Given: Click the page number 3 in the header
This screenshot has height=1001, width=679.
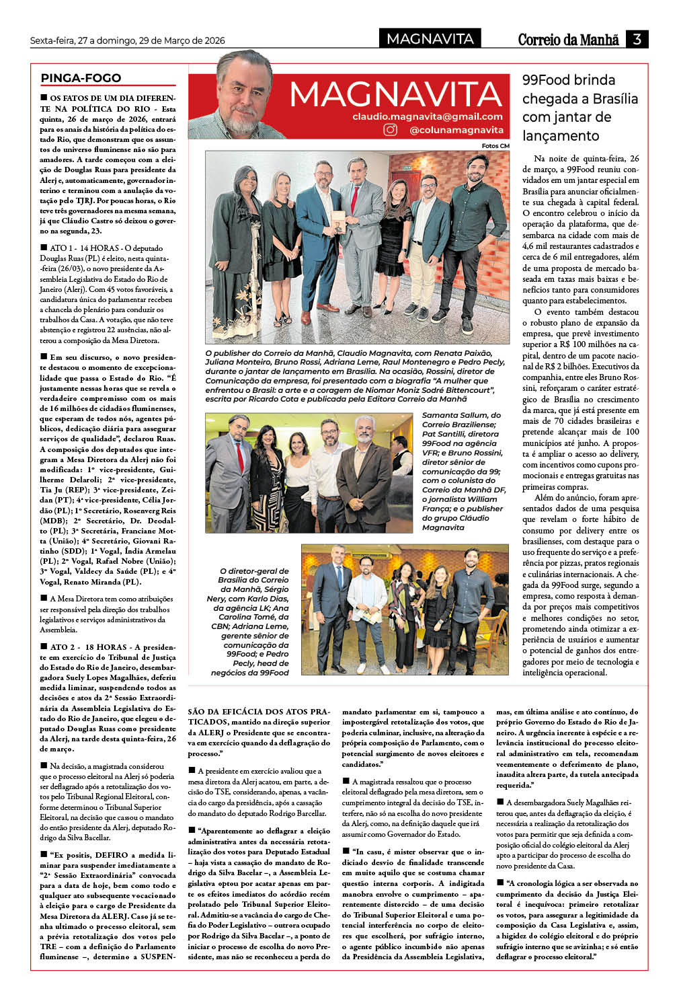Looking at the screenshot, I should coord(636,39).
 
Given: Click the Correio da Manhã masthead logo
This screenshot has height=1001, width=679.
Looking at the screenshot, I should coord(568,40).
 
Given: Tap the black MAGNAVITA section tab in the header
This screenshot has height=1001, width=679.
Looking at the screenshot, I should coord(430,39).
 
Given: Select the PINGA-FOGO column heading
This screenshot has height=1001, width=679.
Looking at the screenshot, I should coord(81,78).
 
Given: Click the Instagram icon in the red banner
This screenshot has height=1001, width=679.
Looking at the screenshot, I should coord(391,130).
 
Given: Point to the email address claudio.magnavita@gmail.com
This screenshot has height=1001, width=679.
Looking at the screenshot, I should coord(428,116).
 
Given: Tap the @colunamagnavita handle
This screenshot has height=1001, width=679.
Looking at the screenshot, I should coord(456,130).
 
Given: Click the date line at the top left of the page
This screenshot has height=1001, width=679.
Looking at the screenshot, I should coord(127,40).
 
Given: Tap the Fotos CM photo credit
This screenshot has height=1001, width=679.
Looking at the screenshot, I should coord(495,146).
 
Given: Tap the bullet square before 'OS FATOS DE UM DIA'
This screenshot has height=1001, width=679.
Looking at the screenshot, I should coord(44,98).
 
